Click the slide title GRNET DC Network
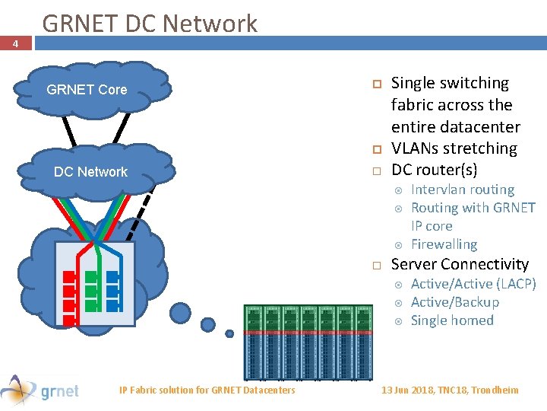150,24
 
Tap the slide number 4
15,44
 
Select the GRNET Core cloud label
87,90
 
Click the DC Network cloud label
90,172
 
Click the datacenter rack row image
308,341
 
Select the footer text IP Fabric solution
207,390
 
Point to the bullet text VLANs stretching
454,148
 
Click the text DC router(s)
434,169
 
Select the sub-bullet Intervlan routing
462,190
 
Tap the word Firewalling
444,244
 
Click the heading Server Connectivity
459,264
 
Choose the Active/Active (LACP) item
473,284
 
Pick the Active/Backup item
454,302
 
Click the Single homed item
452,320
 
